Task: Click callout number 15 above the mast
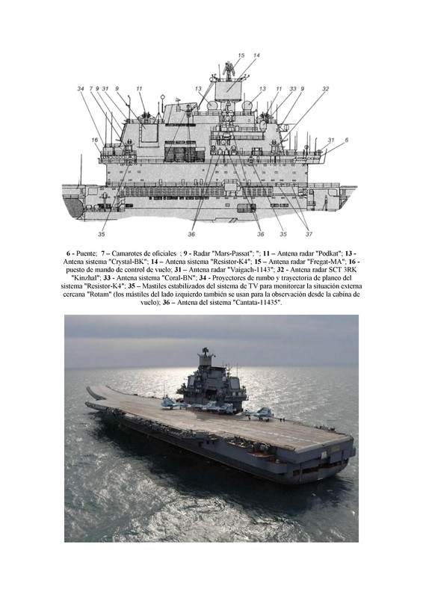[241, 55]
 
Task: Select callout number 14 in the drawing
[256, 55]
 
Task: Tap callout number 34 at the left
[81, 89]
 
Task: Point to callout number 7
[90, 89]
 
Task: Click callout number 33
[292, 89]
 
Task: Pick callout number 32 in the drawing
[325, 89]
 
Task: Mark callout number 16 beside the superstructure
[95, 141]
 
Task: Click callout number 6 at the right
[346, 140]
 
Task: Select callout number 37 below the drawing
[309, 234]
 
